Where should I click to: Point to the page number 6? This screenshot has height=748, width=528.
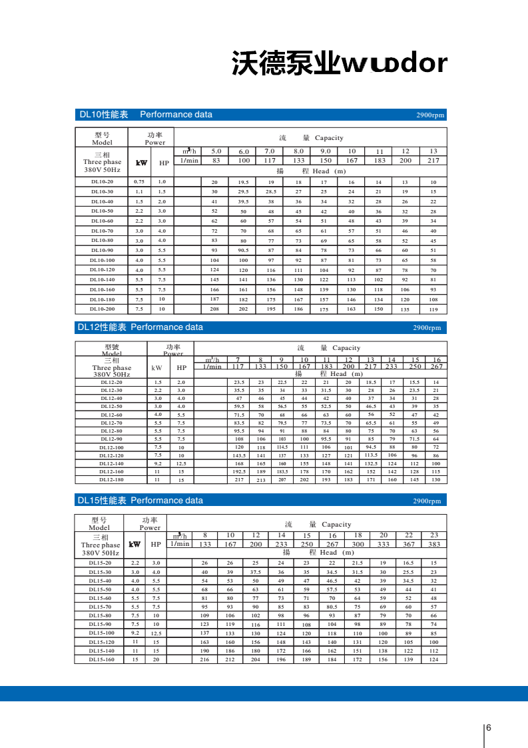coord(489,727)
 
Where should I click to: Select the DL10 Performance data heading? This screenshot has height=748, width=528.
coord(146,115)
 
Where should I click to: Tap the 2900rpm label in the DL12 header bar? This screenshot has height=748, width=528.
coord(427,327)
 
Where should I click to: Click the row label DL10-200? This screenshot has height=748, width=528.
coord(103,309)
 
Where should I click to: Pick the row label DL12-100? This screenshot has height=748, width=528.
coord(111,447)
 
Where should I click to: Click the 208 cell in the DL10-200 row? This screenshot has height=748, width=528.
coord(214,309)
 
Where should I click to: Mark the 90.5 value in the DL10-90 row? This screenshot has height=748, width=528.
coord(243,250)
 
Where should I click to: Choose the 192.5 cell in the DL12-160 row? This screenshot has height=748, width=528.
coord(239,471)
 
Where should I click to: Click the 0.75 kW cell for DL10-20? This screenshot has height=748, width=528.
coord(139,181)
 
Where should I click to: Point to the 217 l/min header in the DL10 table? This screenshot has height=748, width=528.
coord(433,161)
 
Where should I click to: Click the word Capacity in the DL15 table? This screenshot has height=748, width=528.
coord(336,525)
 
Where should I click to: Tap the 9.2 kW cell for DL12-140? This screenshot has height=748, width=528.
coord(158,463)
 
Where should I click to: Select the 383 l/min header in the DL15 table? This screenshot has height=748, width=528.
coord(434,544)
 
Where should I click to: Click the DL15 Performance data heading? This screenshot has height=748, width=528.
coord(140,500)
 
